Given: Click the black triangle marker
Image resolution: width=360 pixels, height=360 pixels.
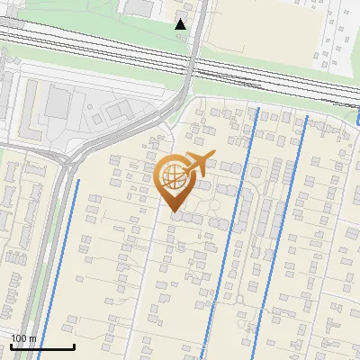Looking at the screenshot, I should (x=181, y=24).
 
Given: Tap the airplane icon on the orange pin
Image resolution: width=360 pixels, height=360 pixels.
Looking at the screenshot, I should (x=198, y=165).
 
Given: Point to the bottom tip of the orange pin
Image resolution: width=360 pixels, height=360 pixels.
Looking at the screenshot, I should (x=175, y=213).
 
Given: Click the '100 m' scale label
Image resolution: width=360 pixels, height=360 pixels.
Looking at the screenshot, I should (x=23, y=338).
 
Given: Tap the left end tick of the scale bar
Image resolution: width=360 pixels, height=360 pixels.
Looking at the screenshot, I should (x=11, y=345).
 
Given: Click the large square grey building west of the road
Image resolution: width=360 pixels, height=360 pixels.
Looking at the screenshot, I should (x=55, y=100).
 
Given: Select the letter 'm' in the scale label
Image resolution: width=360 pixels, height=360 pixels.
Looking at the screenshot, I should (x=33, y=338).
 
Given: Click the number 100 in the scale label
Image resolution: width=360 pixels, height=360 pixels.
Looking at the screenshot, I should (x=19, y=338).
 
